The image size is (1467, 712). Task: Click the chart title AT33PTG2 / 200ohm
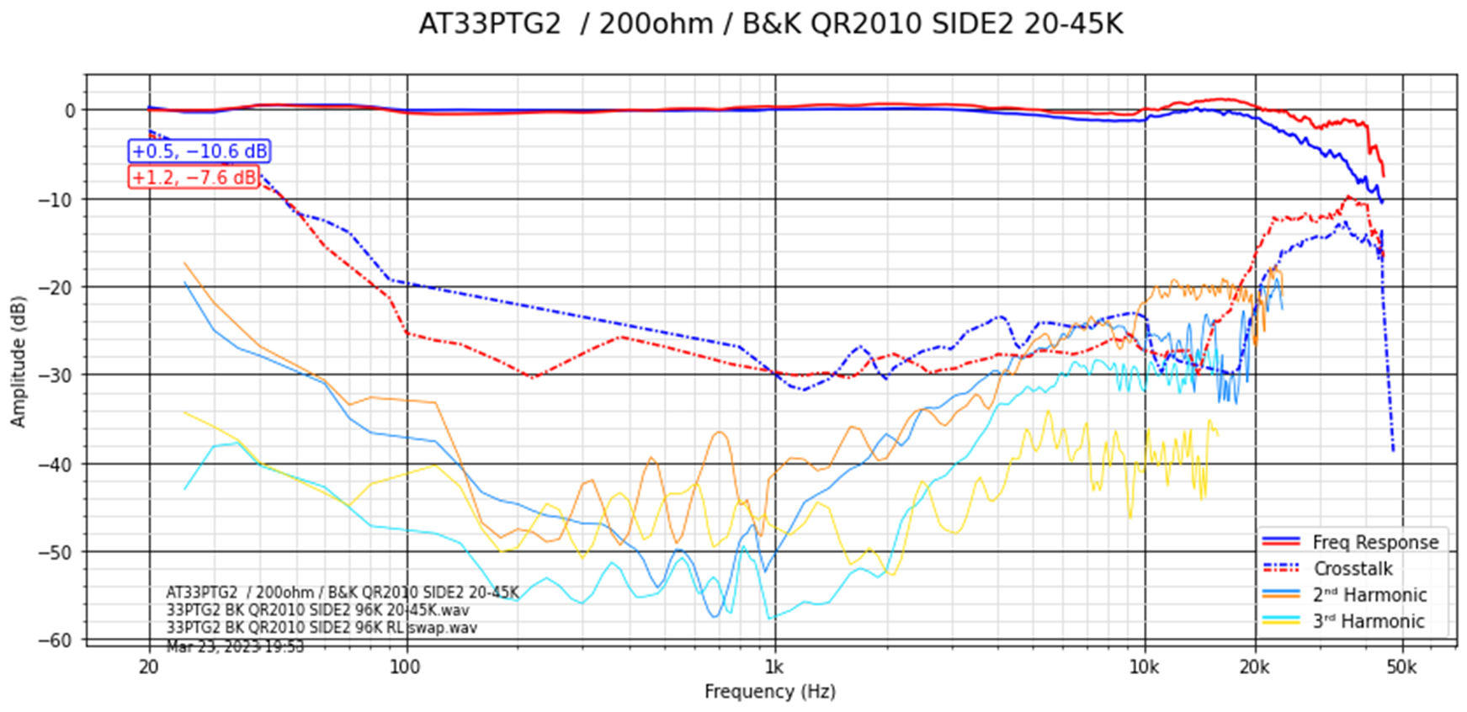click(770, 24)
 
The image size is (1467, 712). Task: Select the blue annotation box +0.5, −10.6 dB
click(199, 151)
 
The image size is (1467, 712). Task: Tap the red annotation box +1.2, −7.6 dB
click(194, 178)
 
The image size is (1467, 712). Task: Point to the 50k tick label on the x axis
click(1401, 667)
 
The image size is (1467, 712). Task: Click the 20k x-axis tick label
click(1254, 667)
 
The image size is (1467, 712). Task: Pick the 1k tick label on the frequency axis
click(774, 667)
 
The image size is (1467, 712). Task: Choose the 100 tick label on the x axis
click(406, 667)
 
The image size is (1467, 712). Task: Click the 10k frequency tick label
click(1144, 667)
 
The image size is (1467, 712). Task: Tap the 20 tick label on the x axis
click(149, 667)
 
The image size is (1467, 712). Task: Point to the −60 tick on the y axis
click(56, 640)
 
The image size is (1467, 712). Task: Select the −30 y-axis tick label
click(56, 375)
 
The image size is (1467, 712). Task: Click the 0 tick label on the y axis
click(70, 110)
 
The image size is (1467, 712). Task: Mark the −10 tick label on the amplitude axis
click(56, 199)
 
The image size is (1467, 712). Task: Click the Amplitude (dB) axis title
click(19, 361)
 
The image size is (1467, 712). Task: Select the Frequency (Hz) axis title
click(770, 692)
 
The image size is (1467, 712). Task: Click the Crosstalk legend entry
click(1353, 569)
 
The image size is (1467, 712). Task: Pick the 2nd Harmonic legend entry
click(1369, 595)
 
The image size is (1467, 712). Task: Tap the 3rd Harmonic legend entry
click(1369, 621)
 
